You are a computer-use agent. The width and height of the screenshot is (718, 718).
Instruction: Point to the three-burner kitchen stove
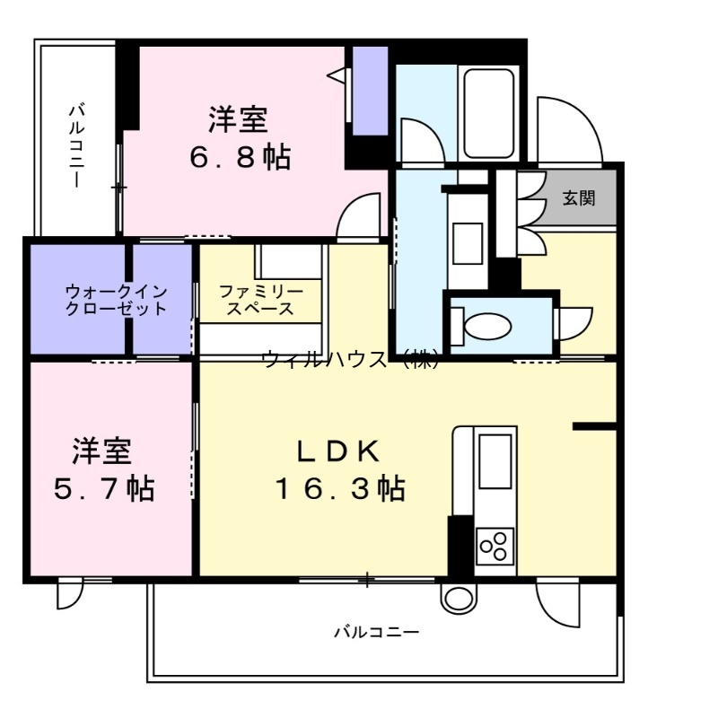(x=495, y=545)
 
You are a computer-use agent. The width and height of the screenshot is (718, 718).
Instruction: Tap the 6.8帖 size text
(x=239, y=158)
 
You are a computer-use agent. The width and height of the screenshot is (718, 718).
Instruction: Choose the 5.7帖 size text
(x=101, y=489)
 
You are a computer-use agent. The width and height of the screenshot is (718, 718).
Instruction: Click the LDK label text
(x=340, y=449)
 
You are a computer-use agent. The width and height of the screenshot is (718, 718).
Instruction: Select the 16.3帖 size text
(x=340, y=489)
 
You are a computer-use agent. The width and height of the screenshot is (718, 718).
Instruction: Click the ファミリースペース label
(x=260, y=300)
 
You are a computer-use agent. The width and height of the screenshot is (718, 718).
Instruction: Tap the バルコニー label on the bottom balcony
(x=377, y=632)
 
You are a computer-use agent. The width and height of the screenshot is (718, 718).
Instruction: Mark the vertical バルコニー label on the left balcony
(x=77, y=144)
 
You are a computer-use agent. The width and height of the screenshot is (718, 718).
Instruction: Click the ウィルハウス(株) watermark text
(x=350, y=360)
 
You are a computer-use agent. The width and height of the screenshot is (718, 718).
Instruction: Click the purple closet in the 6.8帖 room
(x=369, y=90)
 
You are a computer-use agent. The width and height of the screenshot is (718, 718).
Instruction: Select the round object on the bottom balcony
(x=457, y=597)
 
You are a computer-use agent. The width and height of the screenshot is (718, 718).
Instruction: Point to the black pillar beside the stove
(x=460, y=545)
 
